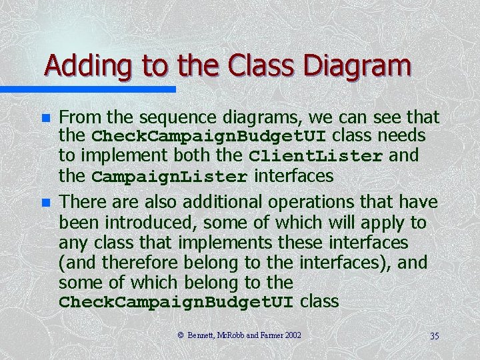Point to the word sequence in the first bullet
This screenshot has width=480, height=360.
point(179,118)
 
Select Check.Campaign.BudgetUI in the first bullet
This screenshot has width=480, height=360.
point(209,137)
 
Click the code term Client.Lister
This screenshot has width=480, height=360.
point(316,157)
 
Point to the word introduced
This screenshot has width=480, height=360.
point(162,222)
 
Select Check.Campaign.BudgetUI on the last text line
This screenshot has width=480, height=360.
point(176,302)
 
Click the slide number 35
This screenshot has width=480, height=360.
point(434,335)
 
